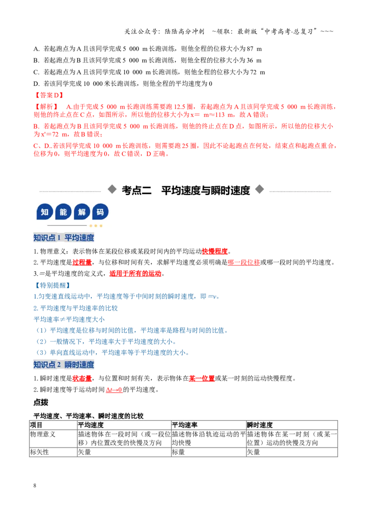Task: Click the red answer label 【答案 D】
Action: pos(49,95)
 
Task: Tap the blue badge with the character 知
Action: pos(44,212)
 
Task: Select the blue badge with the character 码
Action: pos(100,212)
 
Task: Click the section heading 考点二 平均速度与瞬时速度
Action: pos(186,190)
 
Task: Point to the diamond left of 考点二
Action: pos(112,189)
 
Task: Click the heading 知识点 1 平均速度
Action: pos(64,237)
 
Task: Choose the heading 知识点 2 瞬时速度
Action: pos(64,365)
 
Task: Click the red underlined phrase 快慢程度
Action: pos(215,251)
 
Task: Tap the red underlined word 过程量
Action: pos(82,262)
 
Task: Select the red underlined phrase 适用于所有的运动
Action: pos(135,274)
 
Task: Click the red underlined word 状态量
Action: pos(82,378)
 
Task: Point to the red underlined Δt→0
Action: pos(114,390)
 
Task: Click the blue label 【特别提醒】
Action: pos(52,285)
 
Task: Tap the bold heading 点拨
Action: pos(41,403)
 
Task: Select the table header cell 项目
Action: pos(36,425)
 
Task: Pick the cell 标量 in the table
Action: pos(178,452)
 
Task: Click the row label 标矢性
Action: pos(39,452)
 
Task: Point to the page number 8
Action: pos(35,486)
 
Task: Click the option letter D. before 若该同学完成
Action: pos(36,84)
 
